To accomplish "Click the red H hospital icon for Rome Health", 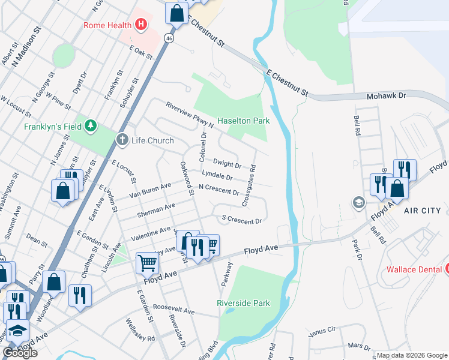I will pyautogui.click(x=141, y=25).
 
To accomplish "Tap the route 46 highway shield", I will pyautogui.click(x=169, y=38).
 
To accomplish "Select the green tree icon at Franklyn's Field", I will pyautogui.click(x=90, y=126).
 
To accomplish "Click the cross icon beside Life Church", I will pyautogui.click(x=122, y=140).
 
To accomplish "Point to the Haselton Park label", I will pyautogui.click(x=243, y=121).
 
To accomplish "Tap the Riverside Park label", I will pyautogui.click(x=244, y=303).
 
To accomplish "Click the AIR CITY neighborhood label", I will pyautogui.click(x=422, y=211).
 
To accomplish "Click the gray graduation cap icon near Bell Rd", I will pyautogui.click(x=358, y=202).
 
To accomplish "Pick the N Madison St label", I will pyautogui.click(x=29, y=45).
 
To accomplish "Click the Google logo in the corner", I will pyautogui.click(x=20, y=353).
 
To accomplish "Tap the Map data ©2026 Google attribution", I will pyautogui.click(x=411, y=355).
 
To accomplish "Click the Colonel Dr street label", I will pyautogui.click(x=203, y=148).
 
